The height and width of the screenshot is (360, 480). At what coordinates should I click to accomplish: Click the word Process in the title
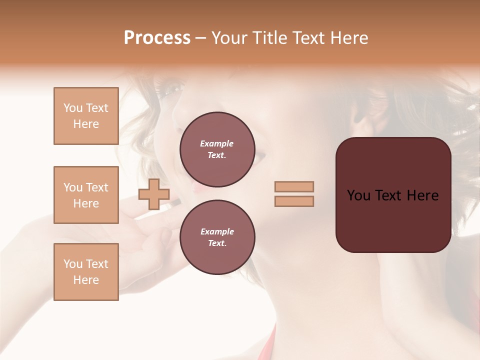pyautogui.click(x=157, y=38)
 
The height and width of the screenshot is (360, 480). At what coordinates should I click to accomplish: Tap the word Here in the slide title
pyautogui.click(x=347, y=38)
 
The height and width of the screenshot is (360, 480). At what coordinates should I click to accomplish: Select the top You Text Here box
pyautogui.click(x=86, y=116)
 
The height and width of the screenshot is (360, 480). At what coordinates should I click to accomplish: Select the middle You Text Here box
pyautogui.click(x=86, y=195)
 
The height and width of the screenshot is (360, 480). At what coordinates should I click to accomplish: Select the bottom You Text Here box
pyautogui.click(x=86, y=272)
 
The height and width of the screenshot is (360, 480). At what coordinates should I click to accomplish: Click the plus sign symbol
pyautogui.click(x=154, y=194)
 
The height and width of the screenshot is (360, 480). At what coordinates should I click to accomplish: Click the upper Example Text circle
pyautogui.click(x=217, y=149)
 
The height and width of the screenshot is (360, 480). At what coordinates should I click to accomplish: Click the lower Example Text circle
pyautogui.click(x=217, y=237)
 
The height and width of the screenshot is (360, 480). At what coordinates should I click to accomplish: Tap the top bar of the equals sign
pyautogui.click(x=294, y=186)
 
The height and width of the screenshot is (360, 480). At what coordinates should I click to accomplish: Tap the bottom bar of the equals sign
pyautogui.click(x=294, y=201)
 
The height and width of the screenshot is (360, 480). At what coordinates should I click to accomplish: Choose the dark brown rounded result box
pyautogui.click(x=393, y=220)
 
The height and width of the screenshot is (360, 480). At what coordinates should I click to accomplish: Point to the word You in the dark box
pyautogui.click(x=358, y=195)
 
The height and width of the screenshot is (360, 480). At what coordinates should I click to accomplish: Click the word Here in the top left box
pyautogui.click(x=86, y=124)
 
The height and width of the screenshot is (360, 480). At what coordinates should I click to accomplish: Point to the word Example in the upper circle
pyautogui.click(x=217, y=143)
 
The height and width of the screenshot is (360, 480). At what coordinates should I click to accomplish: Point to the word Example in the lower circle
pyautogui.click(x=217, y=231)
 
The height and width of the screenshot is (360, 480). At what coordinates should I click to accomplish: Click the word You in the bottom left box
pyautogui.click(x=73, y=264)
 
